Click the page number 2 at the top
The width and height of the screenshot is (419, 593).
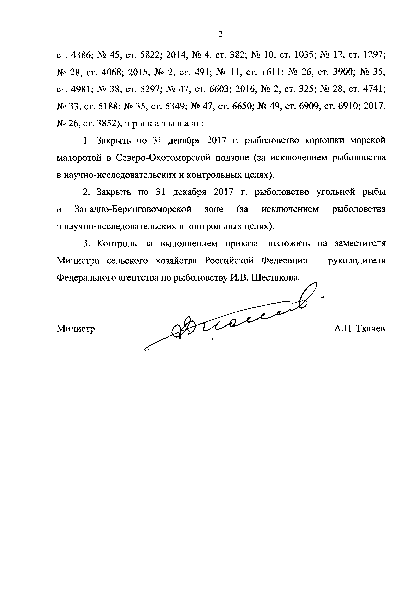[220, 34]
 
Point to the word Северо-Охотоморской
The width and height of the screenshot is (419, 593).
[163, 158]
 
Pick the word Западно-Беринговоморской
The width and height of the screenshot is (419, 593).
[133, 209]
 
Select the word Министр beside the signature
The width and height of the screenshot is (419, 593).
[76, 329]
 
